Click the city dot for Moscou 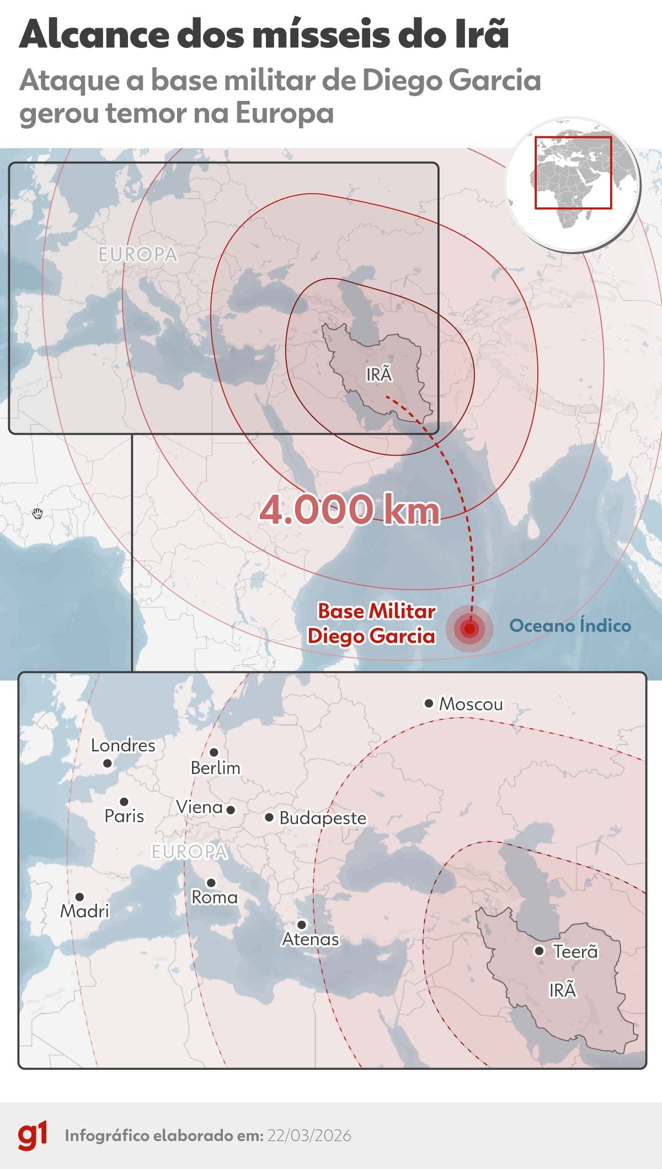(x=429, y=703)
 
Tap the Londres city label (x=123, y=745)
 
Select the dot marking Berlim (x=214, y=752)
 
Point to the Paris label (x=124, y=816)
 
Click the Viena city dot (x=231, y=810)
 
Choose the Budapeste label (x=323, y=818)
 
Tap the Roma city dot (x=211, y=883)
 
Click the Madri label (x=84, y=911)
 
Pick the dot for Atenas (x=301, y=924)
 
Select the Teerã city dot (x=540, y=951)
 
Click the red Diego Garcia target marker (x=469, y=628)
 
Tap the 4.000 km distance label (x=350, y=509)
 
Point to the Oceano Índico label (x=570, y=626)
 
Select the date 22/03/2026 (x=309, y=1135)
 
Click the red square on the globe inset (x=573, y=172)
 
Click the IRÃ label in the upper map (x=379, y=375)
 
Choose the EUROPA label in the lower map (x=189, y=852)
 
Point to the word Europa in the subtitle (x=285, y=113)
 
